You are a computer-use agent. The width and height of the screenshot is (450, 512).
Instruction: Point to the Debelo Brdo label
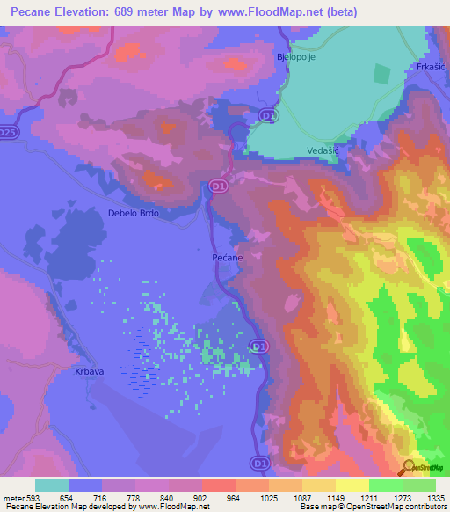tap(134, 213)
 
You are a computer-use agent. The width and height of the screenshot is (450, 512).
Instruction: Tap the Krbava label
tap(78, 372)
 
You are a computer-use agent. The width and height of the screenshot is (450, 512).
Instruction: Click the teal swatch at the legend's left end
tap(52, 485)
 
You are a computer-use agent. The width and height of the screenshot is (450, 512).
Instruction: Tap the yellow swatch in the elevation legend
tap(352, 485)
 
